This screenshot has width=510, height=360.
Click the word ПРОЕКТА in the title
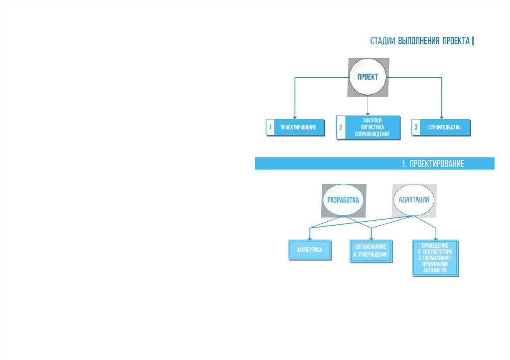point(456,41)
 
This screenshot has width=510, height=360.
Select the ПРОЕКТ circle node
point(368,77)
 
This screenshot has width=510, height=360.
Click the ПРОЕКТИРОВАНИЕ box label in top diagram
point(298,127)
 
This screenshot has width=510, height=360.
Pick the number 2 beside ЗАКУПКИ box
point(341,128)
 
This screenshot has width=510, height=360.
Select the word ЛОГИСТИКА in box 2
point(369,127)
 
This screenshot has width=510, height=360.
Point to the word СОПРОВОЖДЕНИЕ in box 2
point(369,134)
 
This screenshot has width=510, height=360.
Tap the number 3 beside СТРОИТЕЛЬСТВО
point(416,127)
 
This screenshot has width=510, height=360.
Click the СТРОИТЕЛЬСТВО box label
point(444,127)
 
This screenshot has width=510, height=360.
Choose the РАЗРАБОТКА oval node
point(343,200)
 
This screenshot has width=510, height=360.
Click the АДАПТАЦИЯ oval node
point(413,200)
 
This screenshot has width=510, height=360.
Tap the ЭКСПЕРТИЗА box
point(310,249)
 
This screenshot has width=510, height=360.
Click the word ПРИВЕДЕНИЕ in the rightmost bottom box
point(435,245)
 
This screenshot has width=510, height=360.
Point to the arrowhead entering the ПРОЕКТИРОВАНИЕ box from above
point(295,116)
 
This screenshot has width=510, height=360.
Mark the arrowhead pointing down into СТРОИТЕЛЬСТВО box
point(442,116)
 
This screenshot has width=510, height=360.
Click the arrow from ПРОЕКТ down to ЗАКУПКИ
point(368,106)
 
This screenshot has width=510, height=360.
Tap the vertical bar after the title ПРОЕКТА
point(473,41)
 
